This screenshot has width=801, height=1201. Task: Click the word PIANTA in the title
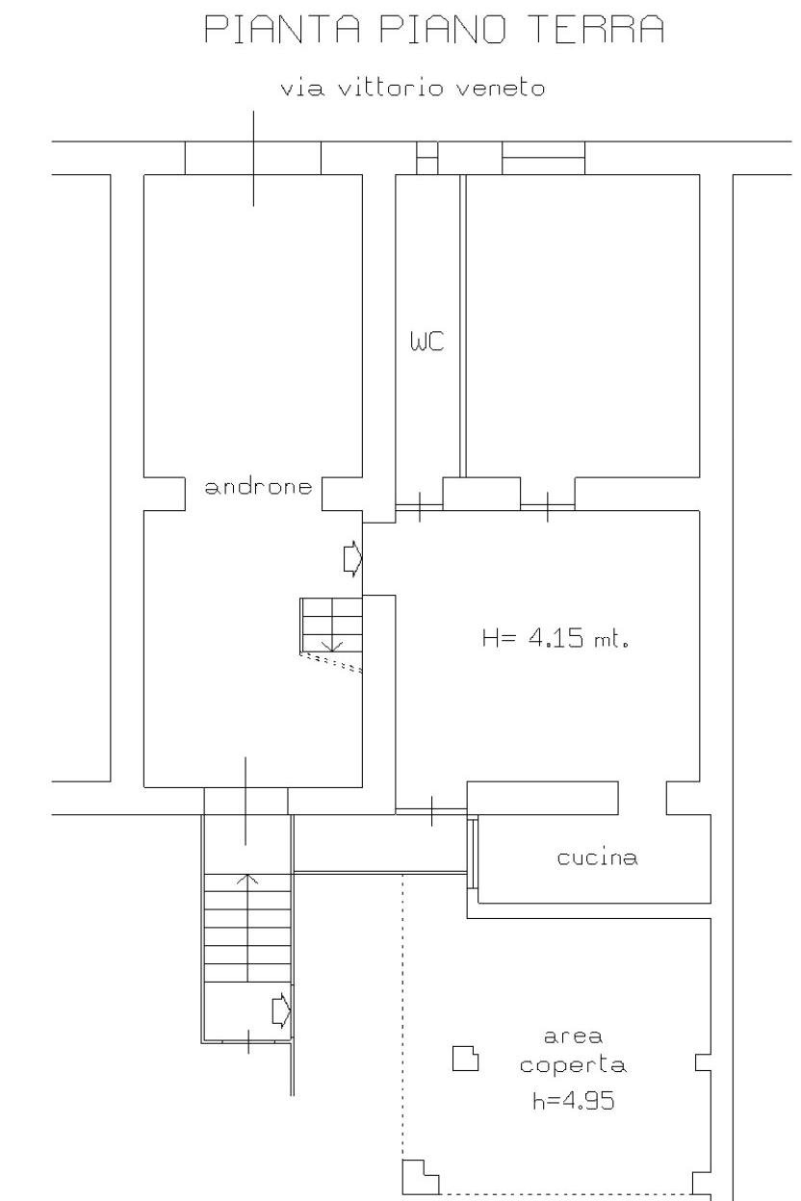(282, 29)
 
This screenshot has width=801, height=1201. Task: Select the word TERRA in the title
(596, 29)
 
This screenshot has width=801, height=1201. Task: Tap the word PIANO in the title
(443, 29)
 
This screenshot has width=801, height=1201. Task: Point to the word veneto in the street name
(500, 89)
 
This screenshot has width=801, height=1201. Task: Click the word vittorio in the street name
(390, 89)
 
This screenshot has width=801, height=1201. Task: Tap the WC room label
(427, 341)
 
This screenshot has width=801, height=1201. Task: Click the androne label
(258, 486)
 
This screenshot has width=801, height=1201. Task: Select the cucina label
(597, 857)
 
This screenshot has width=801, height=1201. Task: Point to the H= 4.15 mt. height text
(556, 638)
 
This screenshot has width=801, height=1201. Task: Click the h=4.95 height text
(573, 1101)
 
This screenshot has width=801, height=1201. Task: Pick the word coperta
(573, 1065)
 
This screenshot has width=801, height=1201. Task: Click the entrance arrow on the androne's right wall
(353, 559)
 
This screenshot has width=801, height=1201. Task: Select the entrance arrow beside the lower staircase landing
(282, 1011)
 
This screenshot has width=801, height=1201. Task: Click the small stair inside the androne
(331, 626)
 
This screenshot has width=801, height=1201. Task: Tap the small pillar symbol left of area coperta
(465, 1059)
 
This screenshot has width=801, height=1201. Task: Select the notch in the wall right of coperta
(704, 1063)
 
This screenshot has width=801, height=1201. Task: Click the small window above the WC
(427, 158)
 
